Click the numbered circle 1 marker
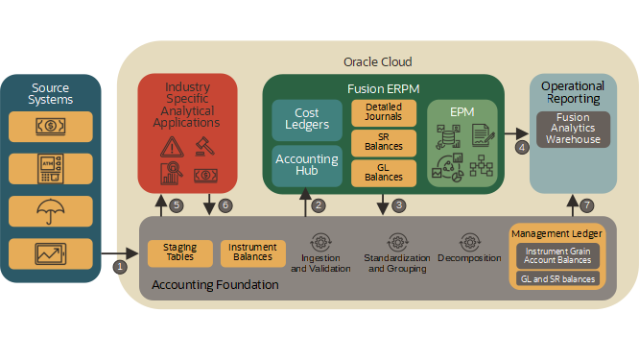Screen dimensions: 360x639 (x=120, y=266)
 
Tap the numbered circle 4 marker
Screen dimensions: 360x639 (x=522, y=148)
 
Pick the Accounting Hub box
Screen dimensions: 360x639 (x=307, y=165)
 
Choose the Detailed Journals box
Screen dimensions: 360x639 (x=384, y=111)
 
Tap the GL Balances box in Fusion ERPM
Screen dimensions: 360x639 (x=384, y=172)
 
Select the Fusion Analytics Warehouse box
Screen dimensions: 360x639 (x=574, y=129)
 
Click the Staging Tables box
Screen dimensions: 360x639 (x=179, y=252)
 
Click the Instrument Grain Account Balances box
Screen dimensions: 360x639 (x=557, y=255)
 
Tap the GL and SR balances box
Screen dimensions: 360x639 (x=557, y=278)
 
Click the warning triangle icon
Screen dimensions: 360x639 (x=173, y=146)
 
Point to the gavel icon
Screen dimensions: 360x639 (x=203, y=146)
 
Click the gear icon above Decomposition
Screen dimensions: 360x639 (x=469, y=241)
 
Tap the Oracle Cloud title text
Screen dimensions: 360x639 (x=377, y=61)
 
